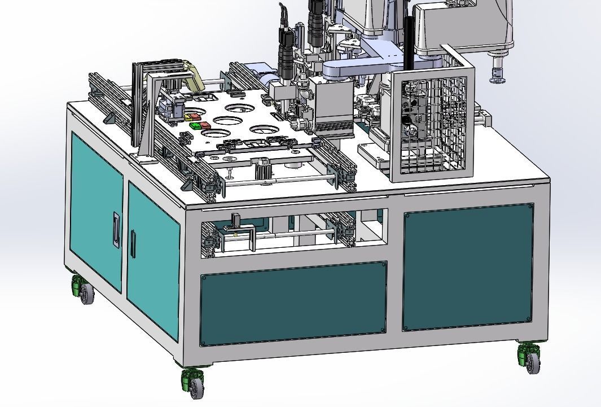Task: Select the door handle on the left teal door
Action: pos(116,230)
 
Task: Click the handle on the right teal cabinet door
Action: pos(133,243)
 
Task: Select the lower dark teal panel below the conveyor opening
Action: pos(293,302)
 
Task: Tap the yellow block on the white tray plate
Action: pos(188,117)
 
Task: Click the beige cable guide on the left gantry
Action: pos(195,77)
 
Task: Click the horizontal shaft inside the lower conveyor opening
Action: pos(293,233)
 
